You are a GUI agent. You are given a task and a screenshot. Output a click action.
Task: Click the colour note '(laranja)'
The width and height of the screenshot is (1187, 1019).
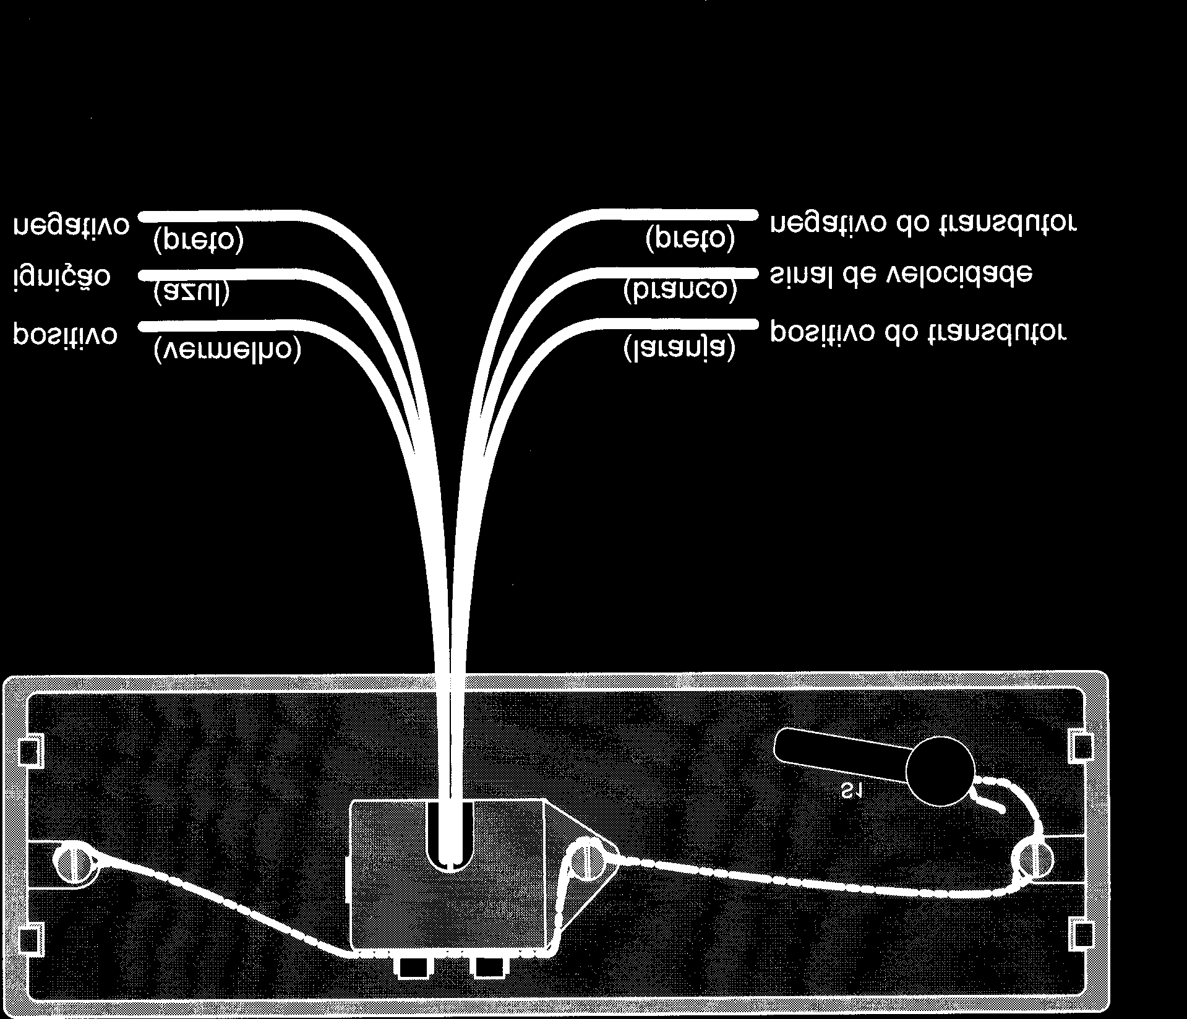click(x=680, y=348)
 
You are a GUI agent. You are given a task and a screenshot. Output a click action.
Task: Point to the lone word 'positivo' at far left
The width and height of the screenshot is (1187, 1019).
click(x=65, y=334)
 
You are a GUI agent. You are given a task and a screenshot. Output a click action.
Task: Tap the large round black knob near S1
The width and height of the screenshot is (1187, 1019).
click(x=940, y=771)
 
